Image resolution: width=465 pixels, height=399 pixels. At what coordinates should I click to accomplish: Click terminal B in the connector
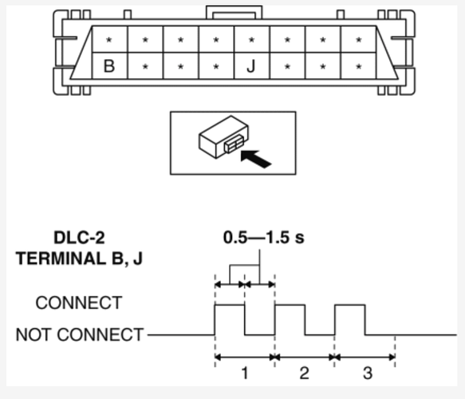pos(109,66)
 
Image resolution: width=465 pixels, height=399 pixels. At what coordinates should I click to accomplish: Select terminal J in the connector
pos(251,66)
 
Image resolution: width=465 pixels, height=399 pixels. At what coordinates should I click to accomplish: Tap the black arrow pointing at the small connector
pos(256,159)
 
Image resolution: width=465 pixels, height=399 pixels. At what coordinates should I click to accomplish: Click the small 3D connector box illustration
pos(223,136)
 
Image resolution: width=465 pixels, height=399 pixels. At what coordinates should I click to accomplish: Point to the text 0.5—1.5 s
pos(264,237)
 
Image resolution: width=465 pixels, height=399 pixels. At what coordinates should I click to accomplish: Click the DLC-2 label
pos(79,238)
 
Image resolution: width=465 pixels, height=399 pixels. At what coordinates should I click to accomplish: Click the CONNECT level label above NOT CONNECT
pos(79,302)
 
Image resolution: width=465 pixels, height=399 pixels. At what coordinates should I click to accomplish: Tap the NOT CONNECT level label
pos(80,334)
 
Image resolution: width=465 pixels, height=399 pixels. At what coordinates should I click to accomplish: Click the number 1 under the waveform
pos(245,373)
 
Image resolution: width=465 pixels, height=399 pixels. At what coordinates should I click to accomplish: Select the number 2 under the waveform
pos(304,373)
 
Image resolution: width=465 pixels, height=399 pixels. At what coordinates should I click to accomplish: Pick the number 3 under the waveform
pos(368,373)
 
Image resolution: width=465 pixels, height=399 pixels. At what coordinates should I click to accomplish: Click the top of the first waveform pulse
pos(230,305)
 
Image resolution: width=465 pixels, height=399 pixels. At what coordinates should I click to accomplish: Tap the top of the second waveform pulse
pos(290,305)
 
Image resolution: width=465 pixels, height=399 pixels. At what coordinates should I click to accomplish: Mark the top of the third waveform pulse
pos(350,305)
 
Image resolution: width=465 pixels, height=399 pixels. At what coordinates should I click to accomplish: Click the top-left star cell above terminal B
pos(110,39)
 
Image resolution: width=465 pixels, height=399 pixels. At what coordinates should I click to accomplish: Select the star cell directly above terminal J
pos(252,39)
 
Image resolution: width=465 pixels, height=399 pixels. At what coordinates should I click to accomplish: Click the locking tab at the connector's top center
pos(234,12)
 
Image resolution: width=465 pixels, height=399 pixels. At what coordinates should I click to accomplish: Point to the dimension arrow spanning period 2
pos(305,358)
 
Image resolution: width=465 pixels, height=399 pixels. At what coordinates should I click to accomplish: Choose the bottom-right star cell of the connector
pos(359,66)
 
